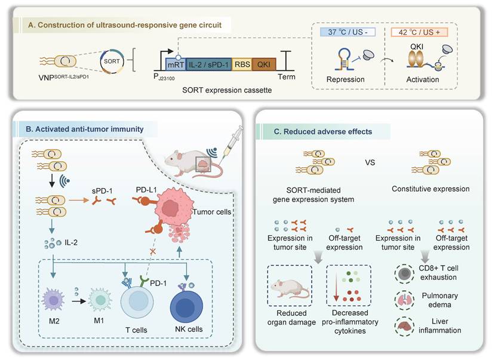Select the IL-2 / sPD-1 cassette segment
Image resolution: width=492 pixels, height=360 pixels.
[x=220, y=64]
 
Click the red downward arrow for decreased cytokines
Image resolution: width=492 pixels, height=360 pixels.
[x=337, y=290]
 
